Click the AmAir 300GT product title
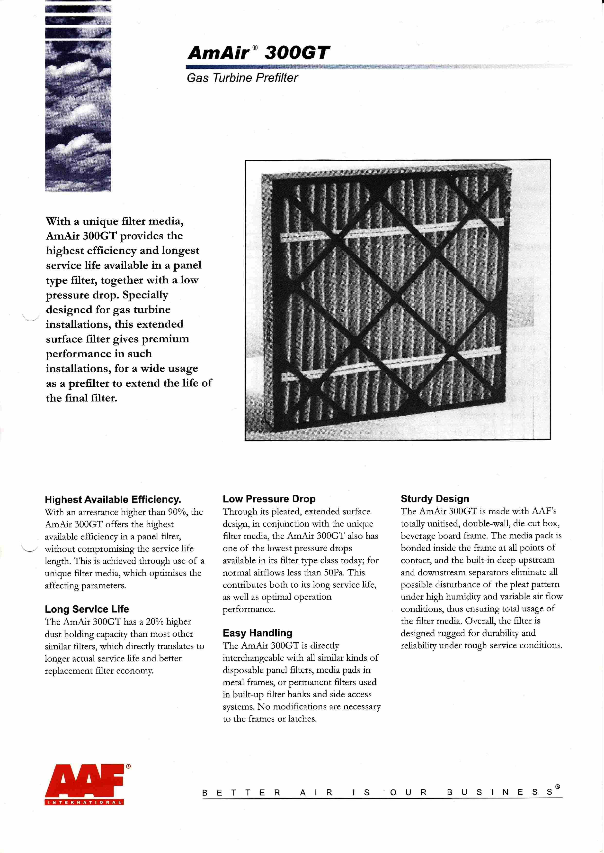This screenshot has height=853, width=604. tap(258, 53)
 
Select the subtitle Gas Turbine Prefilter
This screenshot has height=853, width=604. tap(242, 78)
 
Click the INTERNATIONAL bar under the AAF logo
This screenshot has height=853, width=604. tap(84, 802)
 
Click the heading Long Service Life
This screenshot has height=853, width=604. tap(87, 609)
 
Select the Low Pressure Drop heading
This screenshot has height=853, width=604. tap(269, 499)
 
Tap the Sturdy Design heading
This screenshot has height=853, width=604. tap(435, 499)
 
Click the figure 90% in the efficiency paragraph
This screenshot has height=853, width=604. tap(178, 512)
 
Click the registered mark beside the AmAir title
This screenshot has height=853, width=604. tap(255, 47)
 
